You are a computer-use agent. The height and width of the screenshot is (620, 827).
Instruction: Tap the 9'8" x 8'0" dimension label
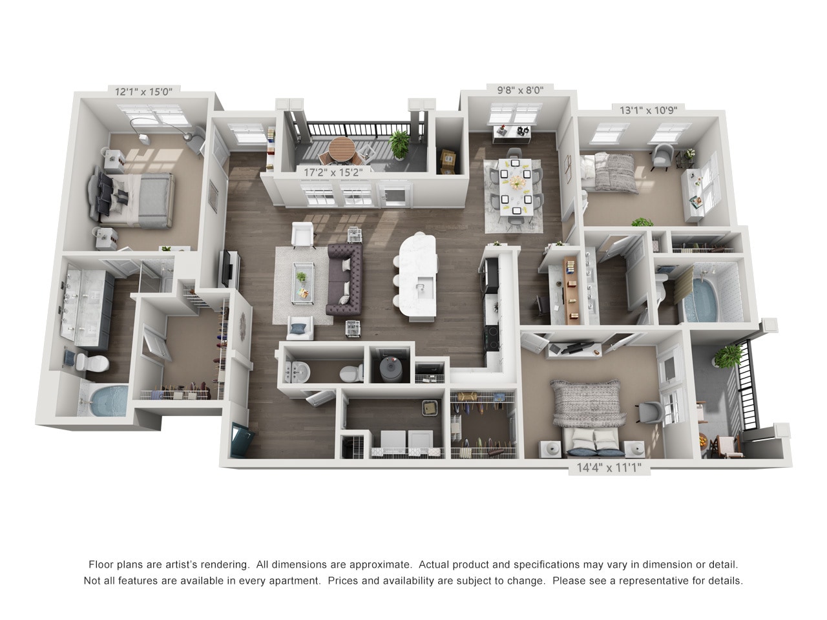[x=520, y=90]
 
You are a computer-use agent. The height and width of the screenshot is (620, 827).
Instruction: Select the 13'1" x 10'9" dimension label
[x=647, y=110]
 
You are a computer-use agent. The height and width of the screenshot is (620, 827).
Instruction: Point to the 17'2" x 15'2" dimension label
[x=333, y=173]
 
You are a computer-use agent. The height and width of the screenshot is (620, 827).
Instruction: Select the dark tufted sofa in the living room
[x=346, y=280]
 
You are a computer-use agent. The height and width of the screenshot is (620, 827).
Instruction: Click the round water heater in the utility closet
[x=390, y=369]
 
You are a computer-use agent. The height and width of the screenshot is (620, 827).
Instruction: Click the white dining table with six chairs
[x=516, y=187]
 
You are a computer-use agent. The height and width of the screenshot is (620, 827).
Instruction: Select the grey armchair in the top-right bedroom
[x=662, y=156]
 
